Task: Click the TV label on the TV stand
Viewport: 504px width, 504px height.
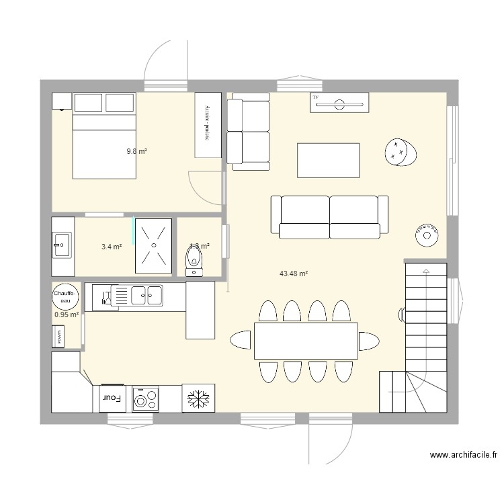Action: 315,98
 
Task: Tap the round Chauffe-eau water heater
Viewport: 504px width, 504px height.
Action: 64,297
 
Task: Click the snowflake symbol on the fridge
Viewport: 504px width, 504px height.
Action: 198,398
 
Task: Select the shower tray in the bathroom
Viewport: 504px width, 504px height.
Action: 154,245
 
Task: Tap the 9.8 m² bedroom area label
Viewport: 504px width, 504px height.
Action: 136,151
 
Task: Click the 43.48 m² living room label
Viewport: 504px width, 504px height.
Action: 293,274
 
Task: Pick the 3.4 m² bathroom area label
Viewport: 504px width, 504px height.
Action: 112,247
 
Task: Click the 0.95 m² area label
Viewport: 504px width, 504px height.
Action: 67,314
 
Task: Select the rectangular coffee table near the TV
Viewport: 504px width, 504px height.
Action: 328,160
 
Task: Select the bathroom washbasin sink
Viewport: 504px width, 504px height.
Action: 62,245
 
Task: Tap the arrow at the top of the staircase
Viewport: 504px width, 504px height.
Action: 425,270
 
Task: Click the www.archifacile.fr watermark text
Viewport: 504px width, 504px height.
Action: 464,456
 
